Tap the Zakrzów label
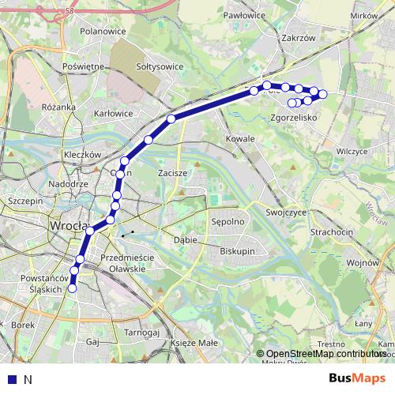(299, 36)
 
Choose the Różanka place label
(59, 107)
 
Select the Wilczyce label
(352, 150)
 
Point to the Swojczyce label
(286, 213)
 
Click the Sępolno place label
(227, 223)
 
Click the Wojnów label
(363, 262)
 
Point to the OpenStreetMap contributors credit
(325, 354)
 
